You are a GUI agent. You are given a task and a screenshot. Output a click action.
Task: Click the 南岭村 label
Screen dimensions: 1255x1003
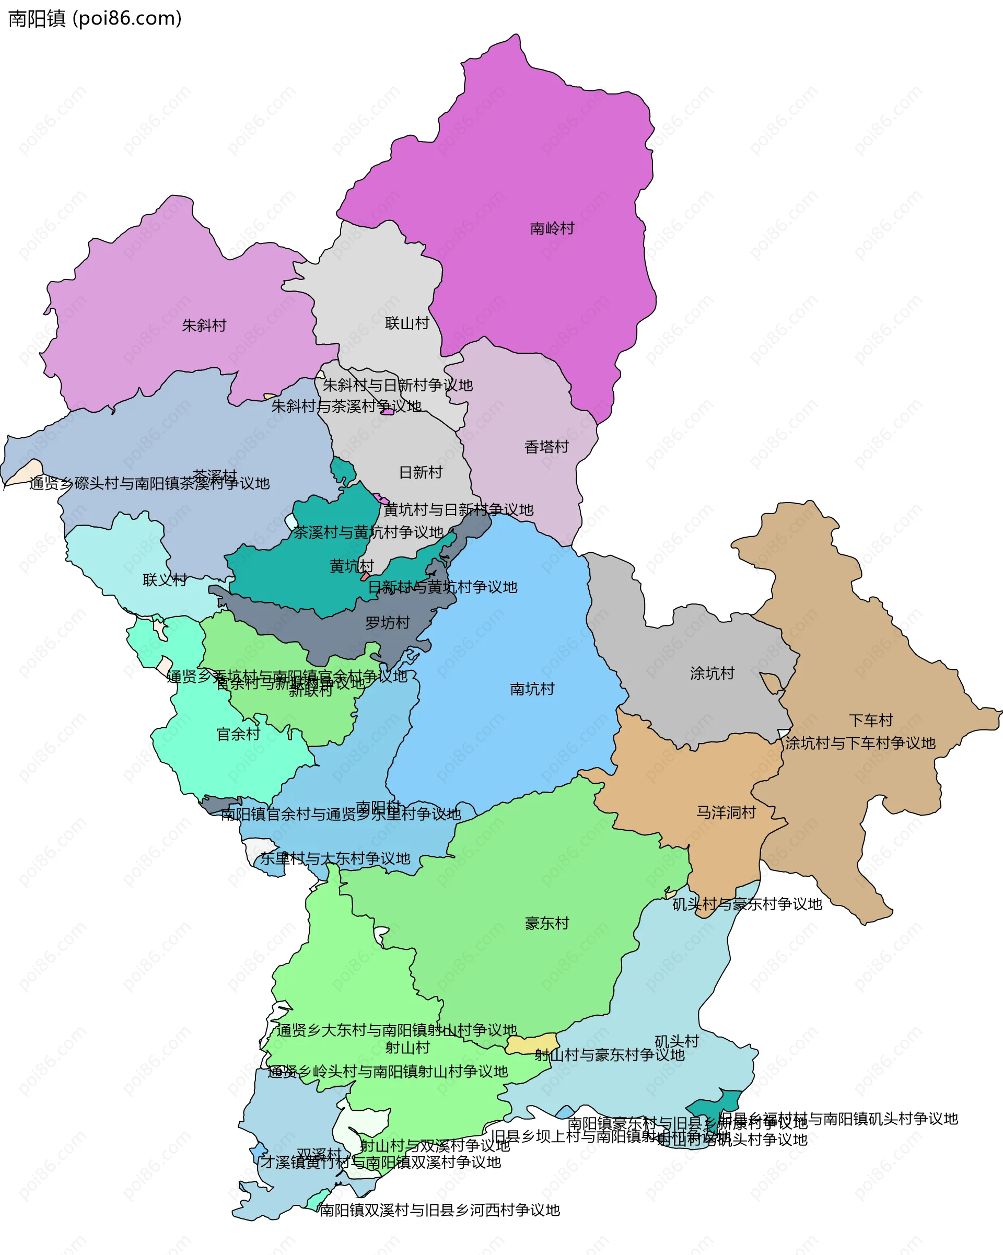tap(552, 228)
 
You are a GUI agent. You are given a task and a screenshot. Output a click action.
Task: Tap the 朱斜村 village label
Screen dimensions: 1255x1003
tap(204, 326)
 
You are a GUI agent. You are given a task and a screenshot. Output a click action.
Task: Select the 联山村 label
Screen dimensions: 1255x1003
tap(407, 323)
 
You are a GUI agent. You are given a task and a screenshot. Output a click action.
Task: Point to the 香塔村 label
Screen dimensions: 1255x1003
tap(546, 447)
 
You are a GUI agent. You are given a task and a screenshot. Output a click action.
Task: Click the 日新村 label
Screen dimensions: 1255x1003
tap(421, 472)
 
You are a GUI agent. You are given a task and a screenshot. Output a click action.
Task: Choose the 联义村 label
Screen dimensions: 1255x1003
tap(165, 580)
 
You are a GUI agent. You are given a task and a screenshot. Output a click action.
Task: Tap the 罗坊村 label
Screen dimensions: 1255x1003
tap(388, 623)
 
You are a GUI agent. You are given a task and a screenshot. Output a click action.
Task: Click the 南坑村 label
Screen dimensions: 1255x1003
tap(532, 689)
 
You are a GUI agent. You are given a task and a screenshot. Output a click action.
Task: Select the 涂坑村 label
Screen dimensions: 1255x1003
tap(712, 673)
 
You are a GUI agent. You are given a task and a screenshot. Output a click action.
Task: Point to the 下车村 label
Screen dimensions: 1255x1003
tap(870, 721)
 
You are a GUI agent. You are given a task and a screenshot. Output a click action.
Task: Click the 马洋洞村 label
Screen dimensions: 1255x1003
tap(726, 812)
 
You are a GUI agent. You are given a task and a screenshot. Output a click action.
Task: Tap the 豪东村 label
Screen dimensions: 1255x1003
tap(546, 923)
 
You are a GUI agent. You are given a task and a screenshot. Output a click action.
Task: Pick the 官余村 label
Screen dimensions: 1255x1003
tap(238, 734)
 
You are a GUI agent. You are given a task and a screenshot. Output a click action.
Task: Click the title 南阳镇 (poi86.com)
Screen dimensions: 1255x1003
tap(95, 19)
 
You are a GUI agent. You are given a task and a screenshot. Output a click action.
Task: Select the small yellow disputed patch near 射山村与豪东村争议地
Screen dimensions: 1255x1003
tap(531, 1044)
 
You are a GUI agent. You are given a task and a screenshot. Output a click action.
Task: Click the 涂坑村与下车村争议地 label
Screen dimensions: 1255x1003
tap(860, 743)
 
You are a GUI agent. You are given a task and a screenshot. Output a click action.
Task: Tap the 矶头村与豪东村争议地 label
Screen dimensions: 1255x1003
tap(747, 904)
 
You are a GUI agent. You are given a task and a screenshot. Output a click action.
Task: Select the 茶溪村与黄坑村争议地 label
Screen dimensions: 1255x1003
tap(368, 532)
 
